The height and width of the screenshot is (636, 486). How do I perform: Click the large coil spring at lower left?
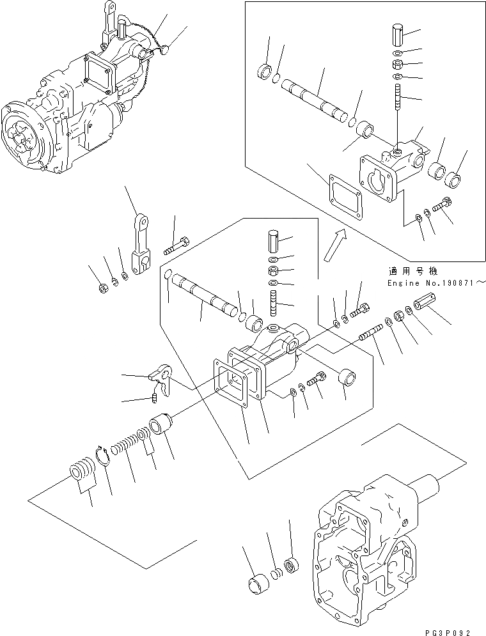[81, 475]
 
